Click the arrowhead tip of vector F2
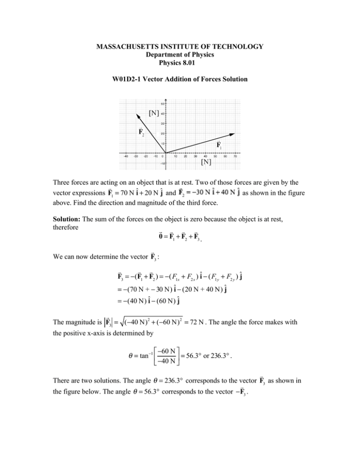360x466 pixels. (137, 113)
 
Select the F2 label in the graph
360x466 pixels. (141, 131)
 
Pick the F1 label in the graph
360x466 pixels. (218, 145)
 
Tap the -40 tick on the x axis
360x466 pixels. (126, 157)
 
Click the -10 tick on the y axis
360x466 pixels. (161, 163)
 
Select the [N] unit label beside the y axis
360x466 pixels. (153, 113)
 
